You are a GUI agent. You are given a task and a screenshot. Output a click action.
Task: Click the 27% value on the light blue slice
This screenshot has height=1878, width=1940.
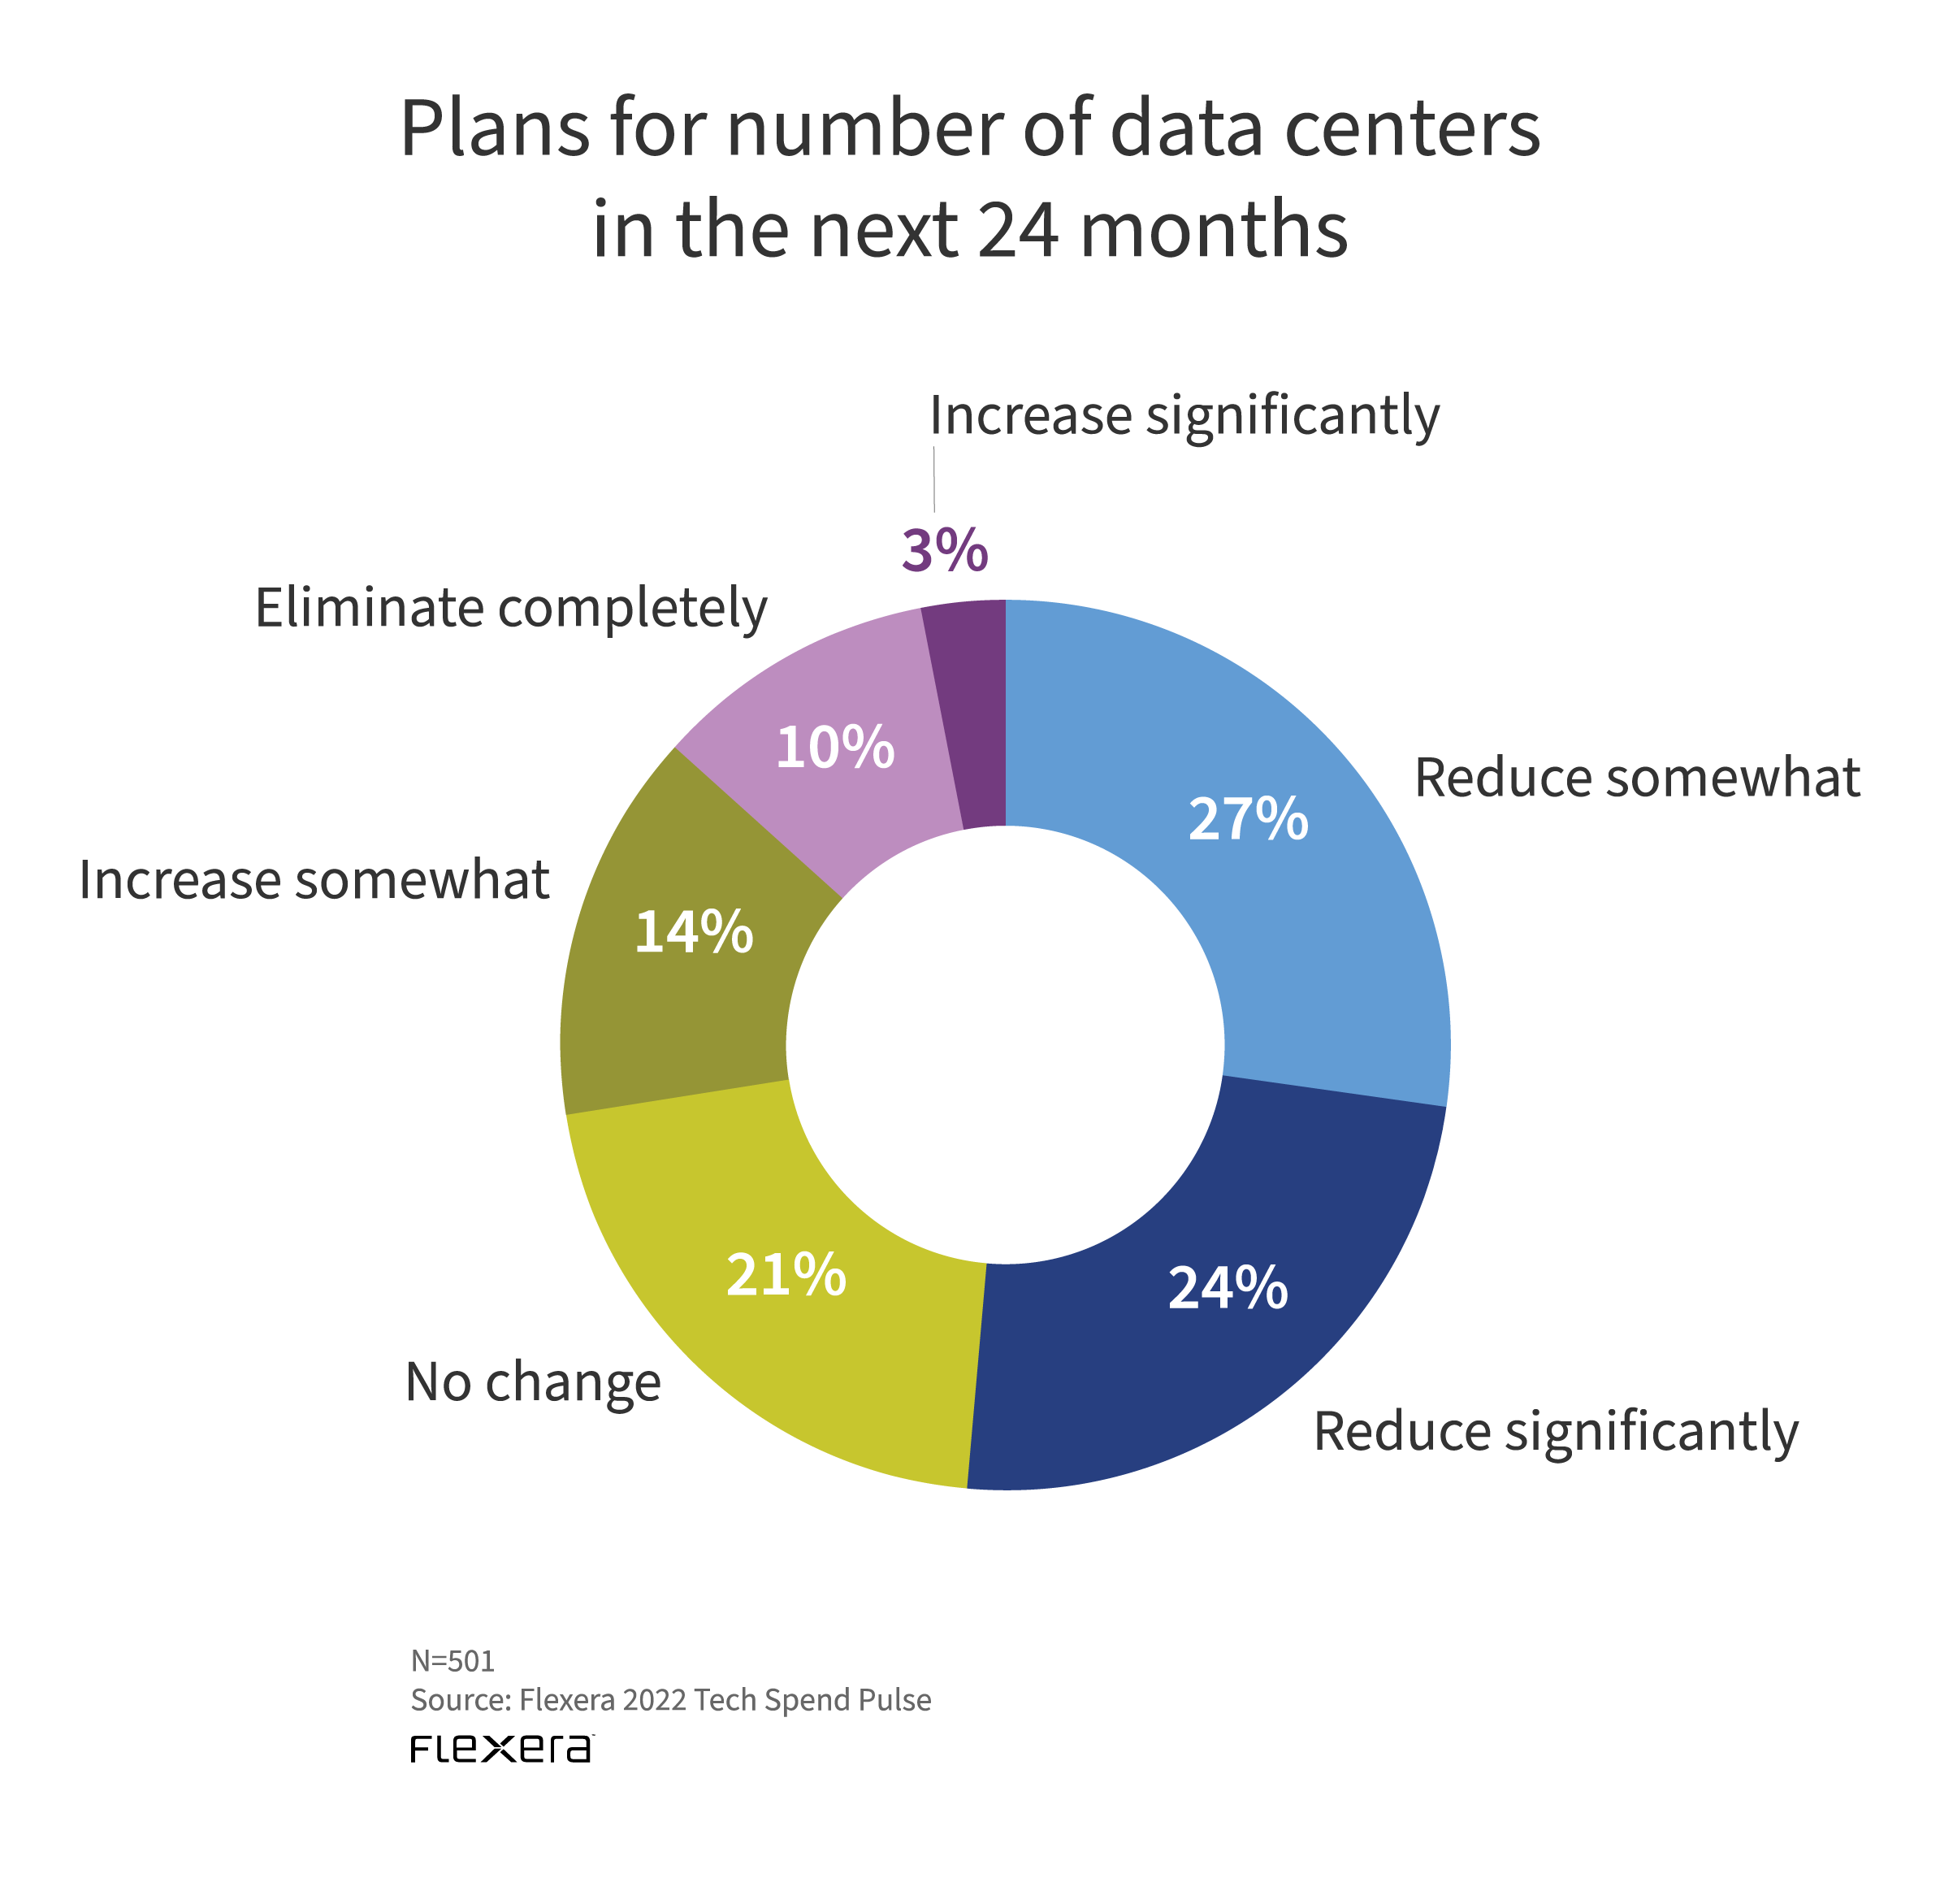point(1247,820)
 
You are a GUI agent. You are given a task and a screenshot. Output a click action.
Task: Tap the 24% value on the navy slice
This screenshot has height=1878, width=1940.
point(1228,1289)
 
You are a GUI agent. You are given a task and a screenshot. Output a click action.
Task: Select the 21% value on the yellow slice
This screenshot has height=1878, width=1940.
point(786,1275)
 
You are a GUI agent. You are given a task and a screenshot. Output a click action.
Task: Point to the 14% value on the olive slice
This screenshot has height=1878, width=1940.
point(693,933)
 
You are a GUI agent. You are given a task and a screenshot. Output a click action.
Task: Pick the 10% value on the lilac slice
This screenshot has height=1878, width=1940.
point(834,748)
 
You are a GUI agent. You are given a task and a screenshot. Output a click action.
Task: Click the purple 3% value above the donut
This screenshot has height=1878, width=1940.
point(944,550)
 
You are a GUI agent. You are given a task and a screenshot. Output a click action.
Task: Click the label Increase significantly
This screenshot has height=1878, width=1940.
point(1184,416)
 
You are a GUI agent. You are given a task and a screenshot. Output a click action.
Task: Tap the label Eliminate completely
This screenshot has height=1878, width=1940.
point(511,608)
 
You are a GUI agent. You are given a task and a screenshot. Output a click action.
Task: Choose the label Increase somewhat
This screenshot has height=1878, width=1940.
point(314,880)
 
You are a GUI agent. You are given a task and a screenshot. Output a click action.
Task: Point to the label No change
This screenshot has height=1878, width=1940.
point(532,1382)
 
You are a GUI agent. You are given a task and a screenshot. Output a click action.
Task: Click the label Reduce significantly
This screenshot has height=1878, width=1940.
point(1555,1433)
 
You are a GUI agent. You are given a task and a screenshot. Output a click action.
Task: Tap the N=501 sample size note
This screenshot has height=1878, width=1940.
point(453,1660)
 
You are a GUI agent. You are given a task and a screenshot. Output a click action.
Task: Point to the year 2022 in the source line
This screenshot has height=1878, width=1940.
point(654,1700)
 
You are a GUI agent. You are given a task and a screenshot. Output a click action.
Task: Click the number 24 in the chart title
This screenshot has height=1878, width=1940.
point(1019,230)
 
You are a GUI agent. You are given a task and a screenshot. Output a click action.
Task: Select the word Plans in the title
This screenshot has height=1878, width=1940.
point(494,128)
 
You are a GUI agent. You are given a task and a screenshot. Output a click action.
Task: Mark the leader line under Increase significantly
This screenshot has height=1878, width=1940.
point(933,479)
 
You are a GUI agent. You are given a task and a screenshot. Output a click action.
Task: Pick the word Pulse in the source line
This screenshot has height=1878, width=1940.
point(896,1700)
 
